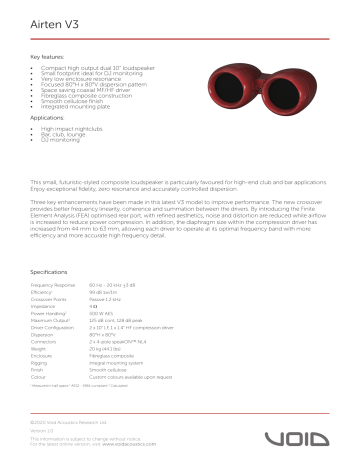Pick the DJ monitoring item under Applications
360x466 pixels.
(61, 141)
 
